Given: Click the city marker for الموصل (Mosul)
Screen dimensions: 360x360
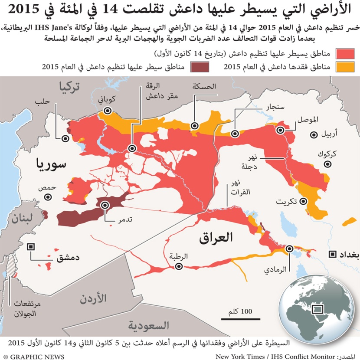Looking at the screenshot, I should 281,130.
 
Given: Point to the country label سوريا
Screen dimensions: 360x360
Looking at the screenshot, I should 51,164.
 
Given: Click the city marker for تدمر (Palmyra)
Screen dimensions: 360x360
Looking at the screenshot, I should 105,205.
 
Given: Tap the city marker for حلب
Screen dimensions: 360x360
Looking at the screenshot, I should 66,139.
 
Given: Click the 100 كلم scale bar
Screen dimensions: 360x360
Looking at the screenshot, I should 237,319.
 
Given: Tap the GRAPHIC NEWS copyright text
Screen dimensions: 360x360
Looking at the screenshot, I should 33,357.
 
